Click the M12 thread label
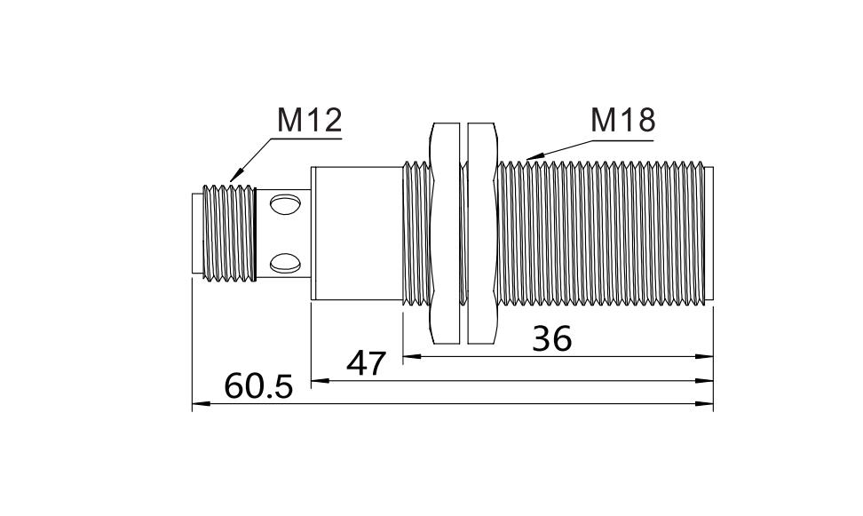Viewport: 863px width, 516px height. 309,120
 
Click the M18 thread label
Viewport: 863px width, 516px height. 622,120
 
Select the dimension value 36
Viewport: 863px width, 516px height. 552,338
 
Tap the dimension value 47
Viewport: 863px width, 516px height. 367,363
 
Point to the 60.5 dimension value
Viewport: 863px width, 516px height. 258,386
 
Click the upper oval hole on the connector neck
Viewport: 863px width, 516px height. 285,204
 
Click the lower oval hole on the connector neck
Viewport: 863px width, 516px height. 285,263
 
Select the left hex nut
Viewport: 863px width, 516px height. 444,234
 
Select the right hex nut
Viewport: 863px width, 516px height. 483,234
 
